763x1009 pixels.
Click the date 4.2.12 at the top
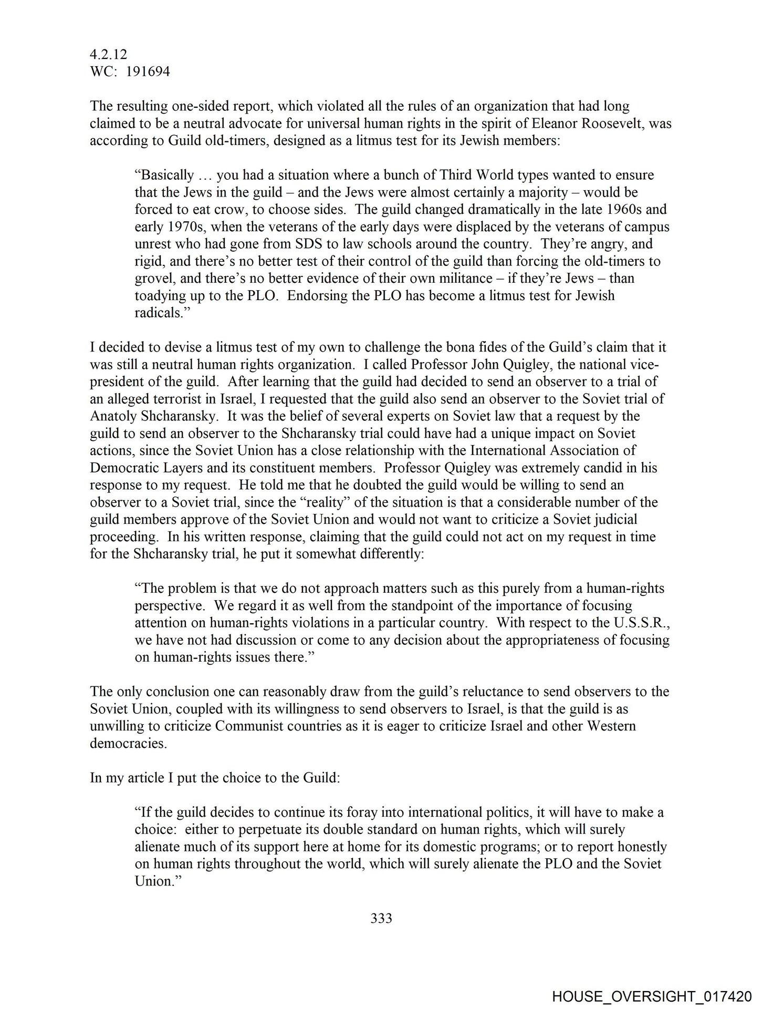coord(108,55)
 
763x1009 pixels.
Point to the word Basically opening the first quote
coord(165,175)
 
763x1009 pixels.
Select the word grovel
coord(152,278)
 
